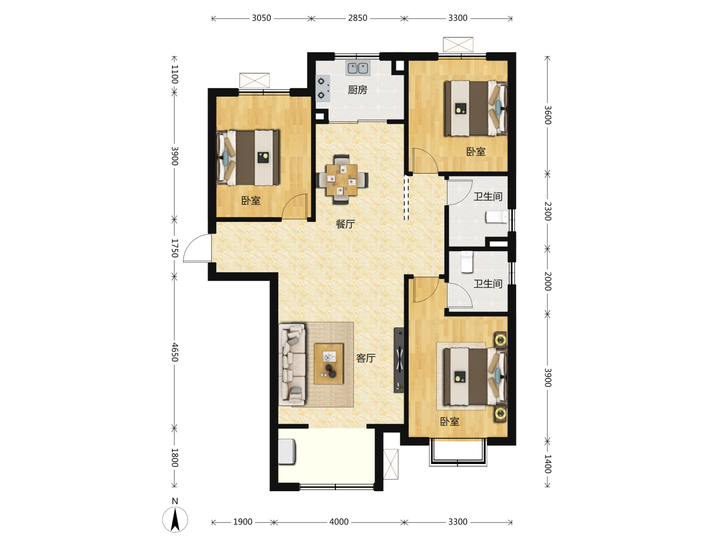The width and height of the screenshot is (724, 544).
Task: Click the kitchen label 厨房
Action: click(357, 90)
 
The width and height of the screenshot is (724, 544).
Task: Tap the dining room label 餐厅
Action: click(345, 224)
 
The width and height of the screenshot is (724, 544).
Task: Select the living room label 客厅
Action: click(366, 358)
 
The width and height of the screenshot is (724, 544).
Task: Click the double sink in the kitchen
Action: click(358, 68)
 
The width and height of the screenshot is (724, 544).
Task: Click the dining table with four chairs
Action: click(342, 180)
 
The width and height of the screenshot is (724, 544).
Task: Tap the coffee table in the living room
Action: click(328, 364)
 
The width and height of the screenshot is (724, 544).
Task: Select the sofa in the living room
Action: click(292, 364)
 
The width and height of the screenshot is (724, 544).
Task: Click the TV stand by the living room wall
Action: click(399, 360)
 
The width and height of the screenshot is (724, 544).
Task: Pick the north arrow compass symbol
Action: click(175, 519)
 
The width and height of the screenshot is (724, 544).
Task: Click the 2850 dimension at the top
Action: click(357, 18)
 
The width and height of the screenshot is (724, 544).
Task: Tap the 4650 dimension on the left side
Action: click(175, 352)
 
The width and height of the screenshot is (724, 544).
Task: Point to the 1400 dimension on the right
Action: click(548, 464)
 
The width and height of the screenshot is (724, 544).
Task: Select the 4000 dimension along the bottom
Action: click(339, 522)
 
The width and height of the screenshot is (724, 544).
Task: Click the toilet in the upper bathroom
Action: click(497, 217)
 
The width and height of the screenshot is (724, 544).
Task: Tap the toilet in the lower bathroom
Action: click(467, 262)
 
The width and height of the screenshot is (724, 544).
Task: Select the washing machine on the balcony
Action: click(287, 451)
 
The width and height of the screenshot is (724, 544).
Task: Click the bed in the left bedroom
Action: click(248, 158)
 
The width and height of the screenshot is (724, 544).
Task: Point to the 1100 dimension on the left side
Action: click(175, 74)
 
